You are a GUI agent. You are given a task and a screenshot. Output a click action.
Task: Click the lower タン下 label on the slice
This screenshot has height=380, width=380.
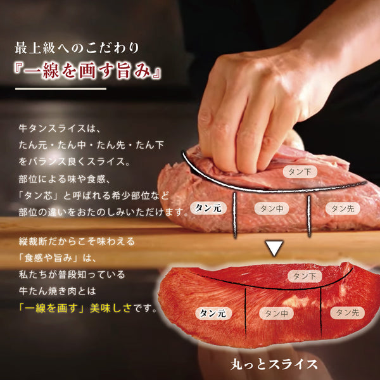click(305, 275)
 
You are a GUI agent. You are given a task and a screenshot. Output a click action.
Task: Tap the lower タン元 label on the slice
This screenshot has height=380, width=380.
click(209, 313)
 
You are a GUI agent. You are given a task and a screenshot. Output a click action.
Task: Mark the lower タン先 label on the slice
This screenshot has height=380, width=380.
click(347, 312)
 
